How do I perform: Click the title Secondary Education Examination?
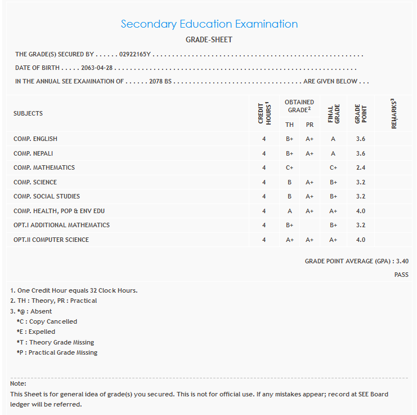pos(209,24)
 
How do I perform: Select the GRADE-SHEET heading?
pos(209,40)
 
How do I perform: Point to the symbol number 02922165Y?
pos(135,55)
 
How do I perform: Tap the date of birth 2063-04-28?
pos(97,68)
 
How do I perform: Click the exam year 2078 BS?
pos(160,81)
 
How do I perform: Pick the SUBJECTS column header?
pos(28,113)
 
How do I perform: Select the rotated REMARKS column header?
pos(393,114)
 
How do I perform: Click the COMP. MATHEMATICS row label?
pos(44,167)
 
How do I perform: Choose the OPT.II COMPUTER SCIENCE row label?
pos(51,240)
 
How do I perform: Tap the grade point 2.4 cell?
pos(361,167)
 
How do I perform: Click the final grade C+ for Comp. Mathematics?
pos(334,167)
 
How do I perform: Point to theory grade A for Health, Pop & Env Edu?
pos(290,211)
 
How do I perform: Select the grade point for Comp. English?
pos(361,139)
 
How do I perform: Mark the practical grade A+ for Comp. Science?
pos(310,182)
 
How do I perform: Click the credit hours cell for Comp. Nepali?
pos(264,153)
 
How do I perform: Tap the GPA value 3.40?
pos(402,261)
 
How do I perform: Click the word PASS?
pos(401,275)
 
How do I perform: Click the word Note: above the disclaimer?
pos(19,383)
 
